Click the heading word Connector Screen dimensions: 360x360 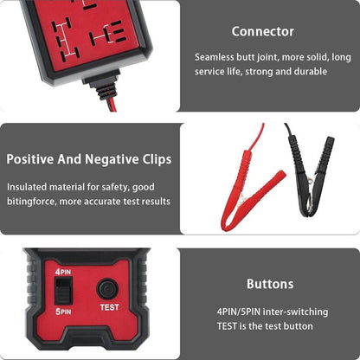point(263,32)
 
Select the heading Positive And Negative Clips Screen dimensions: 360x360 point(88,159)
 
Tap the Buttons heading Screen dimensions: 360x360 point(269,283)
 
